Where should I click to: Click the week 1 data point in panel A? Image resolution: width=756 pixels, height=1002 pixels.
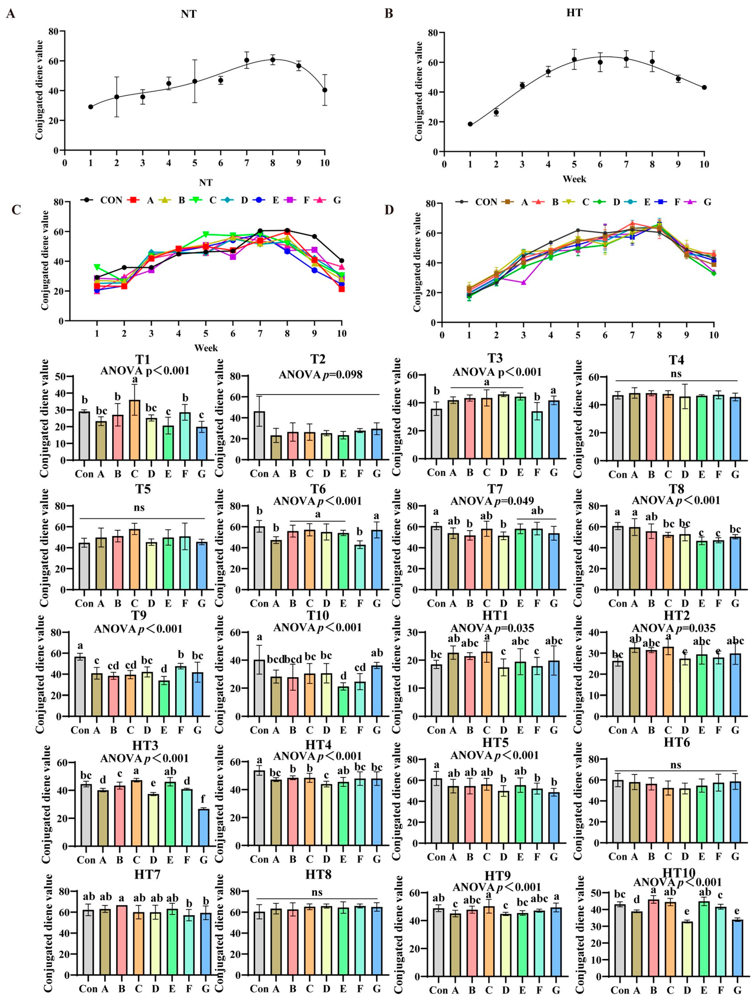tap(91, 107)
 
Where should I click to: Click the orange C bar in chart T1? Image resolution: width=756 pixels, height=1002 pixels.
tap(135, 430)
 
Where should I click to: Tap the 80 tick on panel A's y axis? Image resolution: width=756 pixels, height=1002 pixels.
tap(54, 31)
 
